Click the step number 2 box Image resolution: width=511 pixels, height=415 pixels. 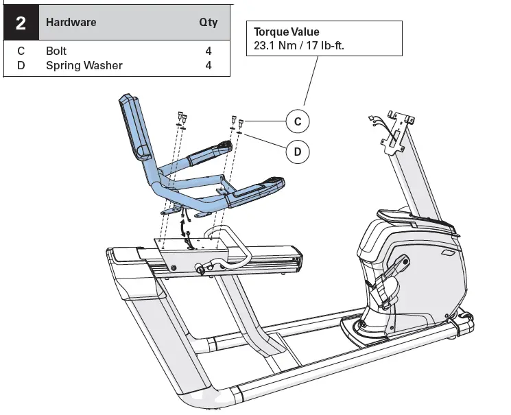[x=21, y=23]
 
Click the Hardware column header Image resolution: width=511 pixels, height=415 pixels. [x=71, y=22]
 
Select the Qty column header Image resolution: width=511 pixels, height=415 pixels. [x=208, y=22]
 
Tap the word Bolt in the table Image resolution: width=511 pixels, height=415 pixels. [x=56, y=51]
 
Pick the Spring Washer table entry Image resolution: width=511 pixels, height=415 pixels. [x=84, y=66]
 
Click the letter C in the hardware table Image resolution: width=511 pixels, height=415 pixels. [x=21, y=51]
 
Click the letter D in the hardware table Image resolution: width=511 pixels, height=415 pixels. [x=21, y=66]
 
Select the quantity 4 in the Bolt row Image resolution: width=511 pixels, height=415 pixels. [x=208, y=51]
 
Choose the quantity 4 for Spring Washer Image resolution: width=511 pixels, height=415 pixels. [x=208, y=66]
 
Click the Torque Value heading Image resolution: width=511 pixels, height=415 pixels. [x=286, y=32]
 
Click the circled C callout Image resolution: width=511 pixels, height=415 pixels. [x=297, y=121]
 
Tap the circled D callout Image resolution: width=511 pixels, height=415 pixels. [x=297, y=152]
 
